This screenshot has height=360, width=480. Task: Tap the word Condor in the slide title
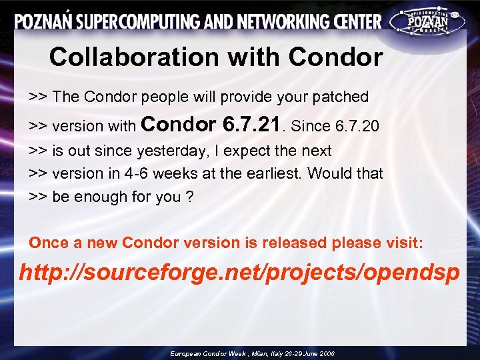[335, 57]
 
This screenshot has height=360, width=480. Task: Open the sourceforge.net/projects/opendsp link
[239, 273]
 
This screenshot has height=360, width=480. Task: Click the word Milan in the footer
[260, 353]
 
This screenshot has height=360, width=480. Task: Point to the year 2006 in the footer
[326, 353]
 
